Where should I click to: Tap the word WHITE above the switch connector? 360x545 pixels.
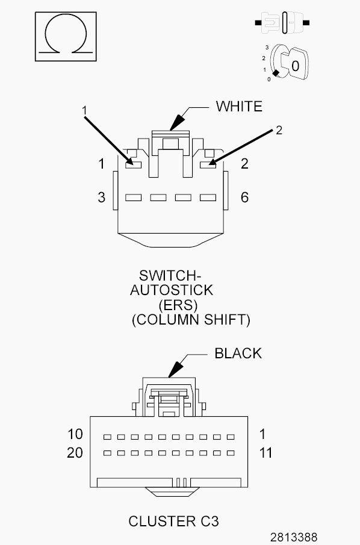[239, 107]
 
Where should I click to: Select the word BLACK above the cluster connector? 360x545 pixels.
[238, 353]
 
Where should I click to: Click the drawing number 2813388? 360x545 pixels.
[294, 537]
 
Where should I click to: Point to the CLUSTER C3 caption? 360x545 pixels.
[174, 522]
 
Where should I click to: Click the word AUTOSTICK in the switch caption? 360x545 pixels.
[172, 290]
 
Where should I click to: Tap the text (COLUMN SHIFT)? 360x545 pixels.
[191, 320]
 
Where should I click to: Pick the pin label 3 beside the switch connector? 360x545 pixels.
[102, 198]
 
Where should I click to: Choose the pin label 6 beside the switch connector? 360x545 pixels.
[244, 198]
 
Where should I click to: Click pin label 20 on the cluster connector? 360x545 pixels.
[75, 452]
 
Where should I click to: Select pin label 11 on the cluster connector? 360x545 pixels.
[265, 452]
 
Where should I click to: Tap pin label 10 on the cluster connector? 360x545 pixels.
[75, 434]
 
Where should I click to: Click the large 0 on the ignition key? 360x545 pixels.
[295, 66]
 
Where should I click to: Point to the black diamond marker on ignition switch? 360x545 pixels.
[276, 73]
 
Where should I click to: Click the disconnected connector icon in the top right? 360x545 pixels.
[282, 23]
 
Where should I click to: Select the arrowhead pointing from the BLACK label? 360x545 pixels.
[176, 370]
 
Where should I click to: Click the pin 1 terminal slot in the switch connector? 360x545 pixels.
[134, 165]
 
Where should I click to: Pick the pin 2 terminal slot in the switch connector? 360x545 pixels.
[208, 165]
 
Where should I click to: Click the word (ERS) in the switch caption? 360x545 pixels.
[178, 305]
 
